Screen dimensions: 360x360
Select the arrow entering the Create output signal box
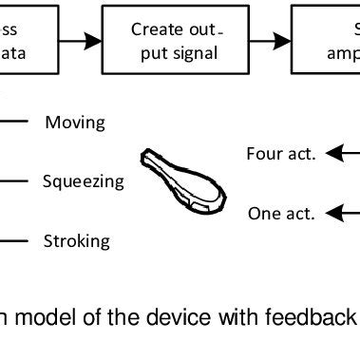[84, 41]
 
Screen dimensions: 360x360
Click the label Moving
[75, 123]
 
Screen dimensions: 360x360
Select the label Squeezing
[83, 180]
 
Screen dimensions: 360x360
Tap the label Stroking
[76, 240]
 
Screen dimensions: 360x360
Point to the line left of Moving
[15, 123]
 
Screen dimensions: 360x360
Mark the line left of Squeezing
[15, 180]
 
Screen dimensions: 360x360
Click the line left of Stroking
[15, 240]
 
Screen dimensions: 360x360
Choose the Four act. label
[280, 153]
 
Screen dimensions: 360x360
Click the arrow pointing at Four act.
[342, 153]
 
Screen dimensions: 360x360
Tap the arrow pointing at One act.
[342, 213]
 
